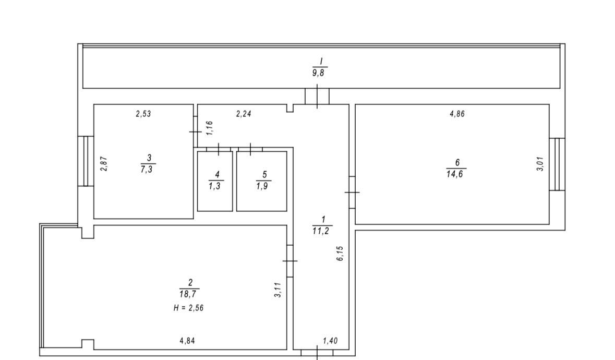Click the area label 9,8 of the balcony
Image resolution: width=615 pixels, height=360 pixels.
point(318,73)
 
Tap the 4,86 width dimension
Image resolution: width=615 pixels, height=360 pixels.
point(457,114)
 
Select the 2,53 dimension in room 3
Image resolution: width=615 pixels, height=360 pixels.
point(143,114)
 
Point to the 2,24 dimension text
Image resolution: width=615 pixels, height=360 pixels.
point(243,114)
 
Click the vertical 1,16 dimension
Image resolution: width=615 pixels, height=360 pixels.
point(210,128)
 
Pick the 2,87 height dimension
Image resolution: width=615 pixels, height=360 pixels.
point(104,163)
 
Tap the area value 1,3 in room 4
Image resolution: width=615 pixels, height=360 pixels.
point(214,186)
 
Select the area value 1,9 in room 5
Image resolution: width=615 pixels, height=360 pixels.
point(262,186)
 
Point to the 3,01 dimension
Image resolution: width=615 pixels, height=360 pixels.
point(540,163)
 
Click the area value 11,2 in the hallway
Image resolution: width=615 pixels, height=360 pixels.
point(321,231)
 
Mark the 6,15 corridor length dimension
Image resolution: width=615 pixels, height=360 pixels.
point(340,254)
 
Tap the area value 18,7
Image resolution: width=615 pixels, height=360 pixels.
point(188,294)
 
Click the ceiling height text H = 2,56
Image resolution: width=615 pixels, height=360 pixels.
point(189,308)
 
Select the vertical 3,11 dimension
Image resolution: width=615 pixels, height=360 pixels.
point(278,290)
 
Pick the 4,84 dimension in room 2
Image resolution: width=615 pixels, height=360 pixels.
point(187,341)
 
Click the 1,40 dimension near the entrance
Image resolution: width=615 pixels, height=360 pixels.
point(330,341)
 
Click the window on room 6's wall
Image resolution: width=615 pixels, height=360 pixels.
point(557,164)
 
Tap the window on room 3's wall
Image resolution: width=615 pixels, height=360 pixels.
point(86,161)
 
